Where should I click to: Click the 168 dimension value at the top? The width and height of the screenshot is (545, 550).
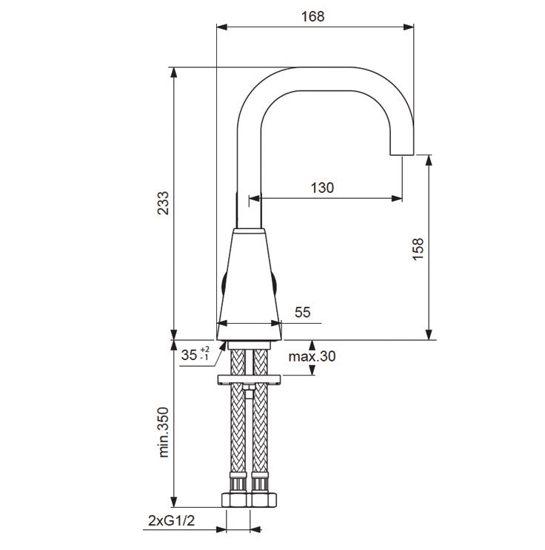pos(312,16)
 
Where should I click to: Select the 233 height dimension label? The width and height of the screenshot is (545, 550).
pos(163,203)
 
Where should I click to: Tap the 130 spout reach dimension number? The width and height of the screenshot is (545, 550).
pos(322,188)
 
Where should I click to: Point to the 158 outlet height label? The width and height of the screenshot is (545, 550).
pos(418,249)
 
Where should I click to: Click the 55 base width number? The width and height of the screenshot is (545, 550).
pos(303,312)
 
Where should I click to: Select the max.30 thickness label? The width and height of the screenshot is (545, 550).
pos(312,356)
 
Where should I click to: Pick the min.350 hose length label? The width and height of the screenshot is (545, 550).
pos(164,432)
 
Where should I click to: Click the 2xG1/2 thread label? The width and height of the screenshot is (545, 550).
pos(172,521)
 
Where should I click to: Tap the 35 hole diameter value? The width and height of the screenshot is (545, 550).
pos(189,355)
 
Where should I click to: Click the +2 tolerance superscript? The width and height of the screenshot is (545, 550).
pos(204,350)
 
